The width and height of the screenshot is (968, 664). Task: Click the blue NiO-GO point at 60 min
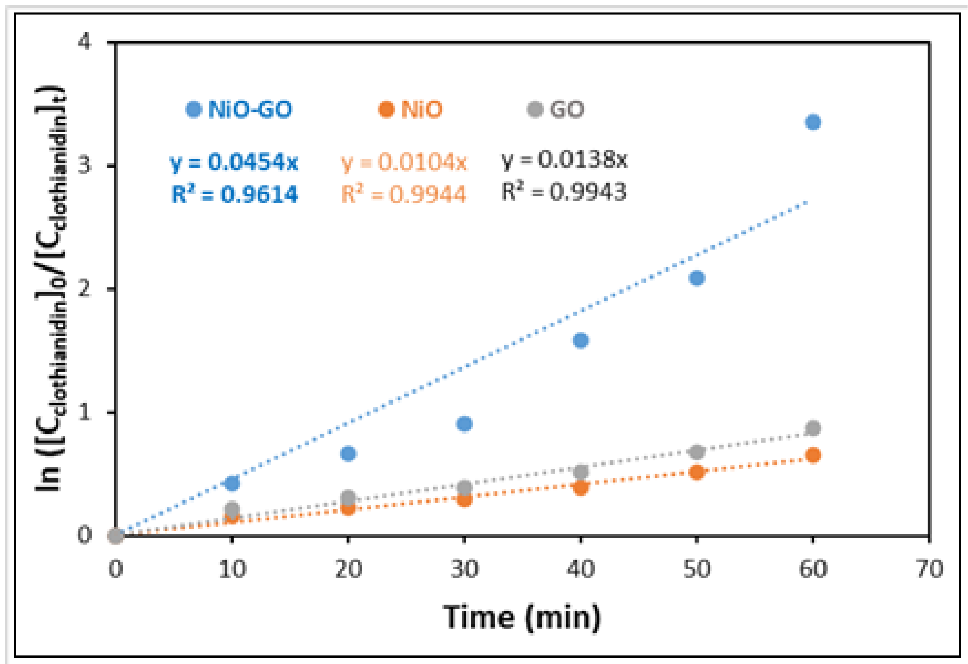click(813, 122)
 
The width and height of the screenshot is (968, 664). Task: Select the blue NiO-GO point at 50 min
click(697, 278)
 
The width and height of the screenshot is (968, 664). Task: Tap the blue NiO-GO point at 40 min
click(581, 340)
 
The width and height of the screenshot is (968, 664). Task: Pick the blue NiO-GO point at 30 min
click(465, 424)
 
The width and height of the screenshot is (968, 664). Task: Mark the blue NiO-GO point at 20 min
click(348, 453)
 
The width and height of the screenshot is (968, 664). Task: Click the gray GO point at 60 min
click(813, 428)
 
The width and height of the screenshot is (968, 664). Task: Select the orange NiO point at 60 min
click(813, 455)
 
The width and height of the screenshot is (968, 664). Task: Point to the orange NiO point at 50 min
click(697, 472)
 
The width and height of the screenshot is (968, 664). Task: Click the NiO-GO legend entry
click(240, 110)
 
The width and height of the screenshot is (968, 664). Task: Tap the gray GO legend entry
click(556, 110)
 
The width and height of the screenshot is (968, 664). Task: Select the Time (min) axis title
click(522, 617)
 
